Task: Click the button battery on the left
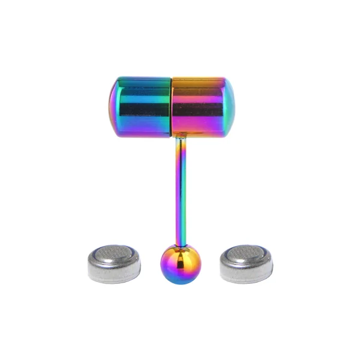115,263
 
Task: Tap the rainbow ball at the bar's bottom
179,264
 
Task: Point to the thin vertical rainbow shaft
180,186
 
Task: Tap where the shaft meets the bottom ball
180,244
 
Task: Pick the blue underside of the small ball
179,277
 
